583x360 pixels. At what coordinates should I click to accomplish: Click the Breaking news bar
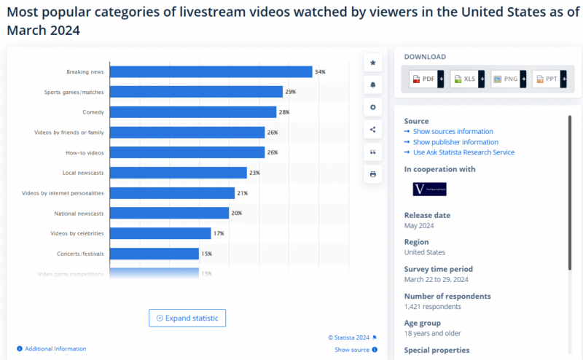coord(211,71)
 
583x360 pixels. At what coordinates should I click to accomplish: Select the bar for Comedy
coord(193,112)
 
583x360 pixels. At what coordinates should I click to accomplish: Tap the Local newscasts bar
coord(179,173)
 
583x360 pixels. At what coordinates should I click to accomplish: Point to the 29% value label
coord(290,92)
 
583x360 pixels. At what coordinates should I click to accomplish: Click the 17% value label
coord(218,233)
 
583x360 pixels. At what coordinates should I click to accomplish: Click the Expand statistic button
coord(187,318)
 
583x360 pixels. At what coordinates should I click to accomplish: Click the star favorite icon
coord(373,63)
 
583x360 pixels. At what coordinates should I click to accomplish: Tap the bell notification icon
coord(373,85)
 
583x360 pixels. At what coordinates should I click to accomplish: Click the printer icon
coord(373,175)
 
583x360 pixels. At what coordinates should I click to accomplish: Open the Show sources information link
coord(453,132)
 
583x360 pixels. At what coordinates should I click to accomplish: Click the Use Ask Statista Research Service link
coord(463,152)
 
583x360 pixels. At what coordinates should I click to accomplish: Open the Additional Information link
coord(55,349)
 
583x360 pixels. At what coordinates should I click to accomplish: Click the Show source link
coord(352,350)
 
